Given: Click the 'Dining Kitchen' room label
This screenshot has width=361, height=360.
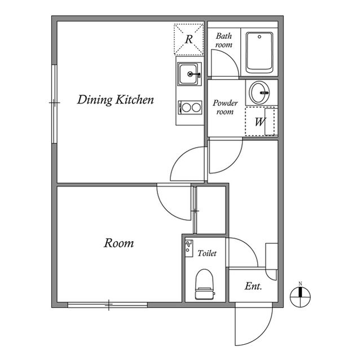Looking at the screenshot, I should pos(116,101).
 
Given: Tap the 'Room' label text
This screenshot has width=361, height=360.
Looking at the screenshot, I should pos(119,243).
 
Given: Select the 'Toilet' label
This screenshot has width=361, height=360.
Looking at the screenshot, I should pos(207,254).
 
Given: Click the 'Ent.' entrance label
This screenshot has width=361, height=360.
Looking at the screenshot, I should pos(253,287).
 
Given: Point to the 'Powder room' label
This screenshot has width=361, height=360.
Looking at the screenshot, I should pos(225,108).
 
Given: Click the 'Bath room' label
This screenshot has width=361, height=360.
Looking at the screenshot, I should pos(224,40).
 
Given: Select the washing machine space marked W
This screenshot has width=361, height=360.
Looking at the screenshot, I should pos(260,122).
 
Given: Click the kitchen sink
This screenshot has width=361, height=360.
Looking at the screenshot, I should pos(189,73).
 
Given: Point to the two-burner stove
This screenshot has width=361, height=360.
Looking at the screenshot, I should pos(190,106).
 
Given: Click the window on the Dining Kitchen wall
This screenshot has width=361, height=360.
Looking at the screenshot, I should pos(54,104).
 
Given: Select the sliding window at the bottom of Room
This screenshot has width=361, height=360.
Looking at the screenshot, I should pos(108,305).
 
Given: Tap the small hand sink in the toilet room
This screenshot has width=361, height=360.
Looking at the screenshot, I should pos(189,246).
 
